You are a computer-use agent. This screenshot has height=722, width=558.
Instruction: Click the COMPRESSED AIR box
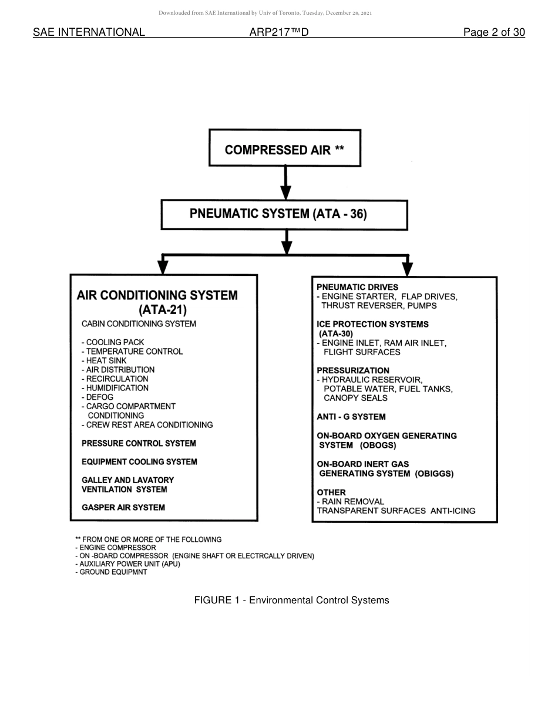[x=285, y=149]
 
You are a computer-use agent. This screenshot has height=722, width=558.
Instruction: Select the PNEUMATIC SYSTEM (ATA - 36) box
[x=284, y=215]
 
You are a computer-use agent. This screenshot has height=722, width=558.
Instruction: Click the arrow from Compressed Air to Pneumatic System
[x=285, y=183]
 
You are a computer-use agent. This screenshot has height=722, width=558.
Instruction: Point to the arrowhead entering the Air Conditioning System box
[x=163, y=268]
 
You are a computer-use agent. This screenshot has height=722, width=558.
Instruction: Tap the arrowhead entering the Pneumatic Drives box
[x=408, y=269]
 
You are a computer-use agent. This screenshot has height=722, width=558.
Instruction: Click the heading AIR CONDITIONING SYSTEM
[x=157, y=295]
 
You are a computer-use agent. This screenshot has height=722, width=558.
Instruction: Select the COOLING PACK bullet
[x=113, y=342]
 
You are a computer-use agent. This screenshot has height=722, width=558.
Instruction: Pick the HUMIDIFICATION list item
[x=115, y=388]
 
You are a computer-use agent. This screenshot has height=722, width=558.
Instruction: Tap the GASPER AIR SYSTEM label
[x=123, y=508]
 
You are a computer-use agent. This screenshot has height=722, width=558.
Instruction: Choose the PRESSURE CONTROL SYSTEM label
[x=139, y=443]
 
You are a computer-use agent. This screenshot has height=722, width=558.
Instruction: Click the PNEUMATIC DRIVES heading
[x=357, y=287]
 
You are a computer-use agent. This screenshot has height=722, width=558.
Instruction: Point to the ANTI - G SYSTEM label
[x=351, y=417]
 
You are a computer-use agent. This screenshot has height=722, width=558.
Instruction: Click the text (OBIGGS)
[x=434, y=473]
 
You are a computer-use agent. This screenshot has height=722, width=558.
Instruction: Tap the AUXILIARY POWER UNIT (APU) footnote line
[x=128, y=564]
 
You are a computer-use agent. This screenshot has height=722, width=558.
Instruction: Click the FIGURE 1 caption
[x=291, y=600]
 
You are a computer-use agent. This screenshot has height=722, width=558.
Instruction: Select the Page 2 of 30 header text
[x=494, y=32]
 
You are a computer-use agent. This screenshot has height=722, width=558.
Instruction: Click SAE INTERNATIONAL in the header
[x=89, y=32]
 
